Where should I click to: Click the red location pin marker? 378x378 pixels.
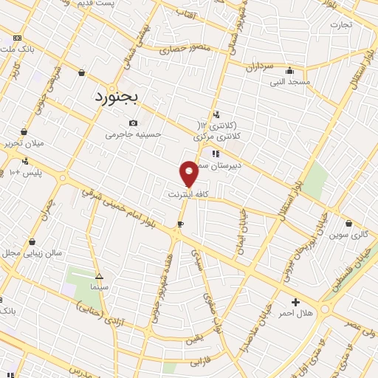coord(189,173)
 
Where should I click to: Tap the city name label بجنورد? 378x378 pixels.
coord(126,96)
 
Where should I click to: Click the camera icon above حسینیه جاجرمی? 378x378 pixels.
coord(133,123)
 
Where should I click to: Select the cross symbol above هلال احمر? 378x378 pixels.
coord(296,302)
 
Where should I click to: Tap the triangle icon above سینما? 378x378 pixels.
coord(99,273)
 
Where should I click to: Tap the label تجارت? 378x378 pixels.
coord(341,24)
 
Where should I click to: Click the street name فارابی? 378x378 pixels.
coord(201,362)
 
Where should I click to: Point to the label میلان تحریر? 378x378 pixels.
coord(24,142)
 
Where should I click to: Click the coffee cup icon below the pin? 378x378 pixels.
coord(180,224)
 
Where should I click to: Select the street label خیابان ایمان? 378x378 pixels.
coord(242,233)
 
